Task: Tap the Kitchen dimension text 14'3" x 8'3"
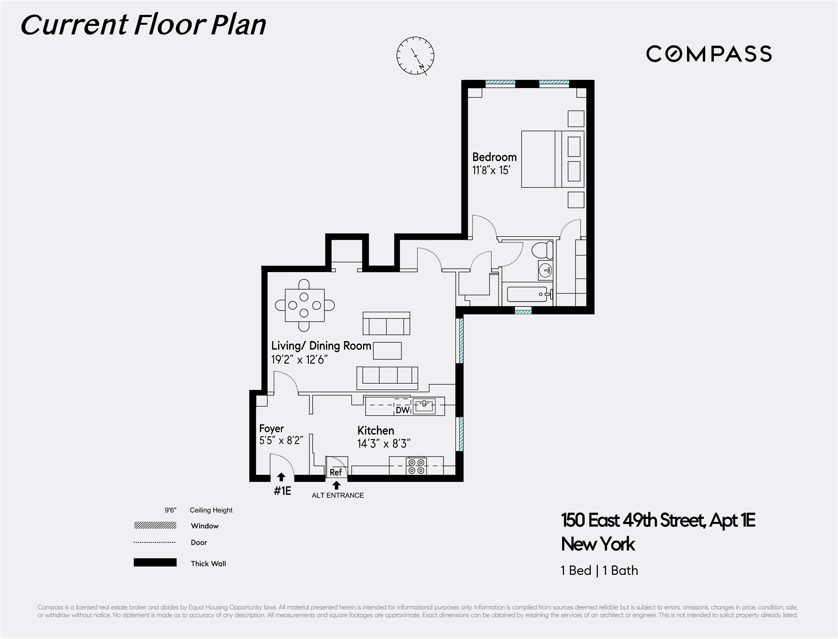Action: click(x=383, y=444)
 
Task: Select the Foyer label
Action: click(x=272, y=429)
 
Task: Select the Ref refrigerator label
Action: click(x=336, y=472)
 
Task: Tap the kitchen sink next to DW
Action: click(x=424, y=406)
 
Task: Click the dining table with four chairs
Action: click(x=304, y=305)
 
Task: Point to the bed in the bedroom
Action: click(x=552, y=159)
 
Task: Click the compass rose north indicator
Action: click(x=415, y=56)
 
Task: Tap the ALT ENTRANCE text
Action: click(x=338, y=495)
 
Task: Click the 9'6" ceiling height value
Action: click(x=171, y=510)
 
